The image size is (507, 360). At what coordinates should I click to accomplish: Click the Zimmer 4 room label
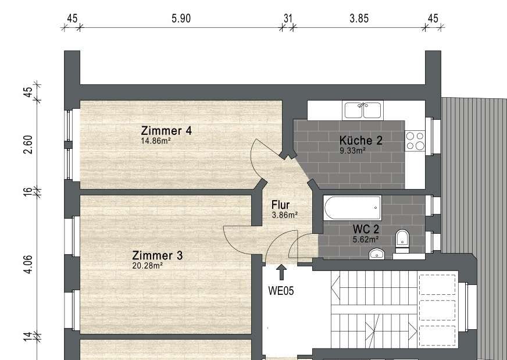click(166, 131)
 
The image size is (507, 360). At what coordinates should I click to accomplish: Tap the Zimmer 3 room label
click(157, 255)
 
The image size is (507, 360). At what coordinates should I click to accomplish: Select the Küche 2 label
click(361, 140)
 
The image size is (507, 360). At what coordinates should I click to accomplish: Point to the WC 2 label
click(366, 229)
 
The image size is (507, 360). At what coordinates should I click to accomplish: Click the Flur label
click(280, 205)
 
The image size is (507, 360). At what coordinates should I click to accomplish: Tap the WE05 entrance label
click(281, 291)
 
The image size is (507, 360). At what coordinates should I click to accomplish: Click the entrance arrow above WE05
click(281, 272)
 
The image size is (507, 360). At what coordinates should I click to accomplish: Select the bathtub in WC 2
click(352, 208)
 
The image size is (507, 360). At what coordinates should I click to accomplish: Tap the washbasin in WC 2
click(377, 254)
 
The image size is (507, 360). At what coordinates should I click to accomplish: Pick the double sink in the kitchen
click(362, 110)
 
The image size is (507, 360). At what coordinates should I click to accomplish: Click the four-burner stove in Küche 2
click(415, 141)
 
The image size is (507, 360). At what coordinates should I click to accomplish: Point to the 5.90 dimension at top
click(181, 19)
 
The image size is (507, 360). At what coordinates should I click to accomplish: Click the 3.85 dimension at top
click(359, 19)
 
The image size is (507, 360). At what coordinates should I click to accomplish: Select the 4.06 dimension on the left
click(28, 265)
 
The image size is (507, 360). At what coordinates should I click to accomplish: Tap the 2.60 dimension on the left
click(28, 145)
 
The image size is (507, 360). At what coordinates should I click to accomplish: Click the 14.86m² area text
click(155, 141)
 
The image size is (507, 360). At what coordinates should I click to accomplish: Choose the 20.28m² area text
click(147, 266)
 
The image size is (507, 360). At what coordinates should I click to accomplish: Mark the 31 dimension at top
click(288, 19)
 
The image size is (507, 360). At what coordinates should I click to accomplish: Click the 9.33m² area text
click(352, 151)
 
